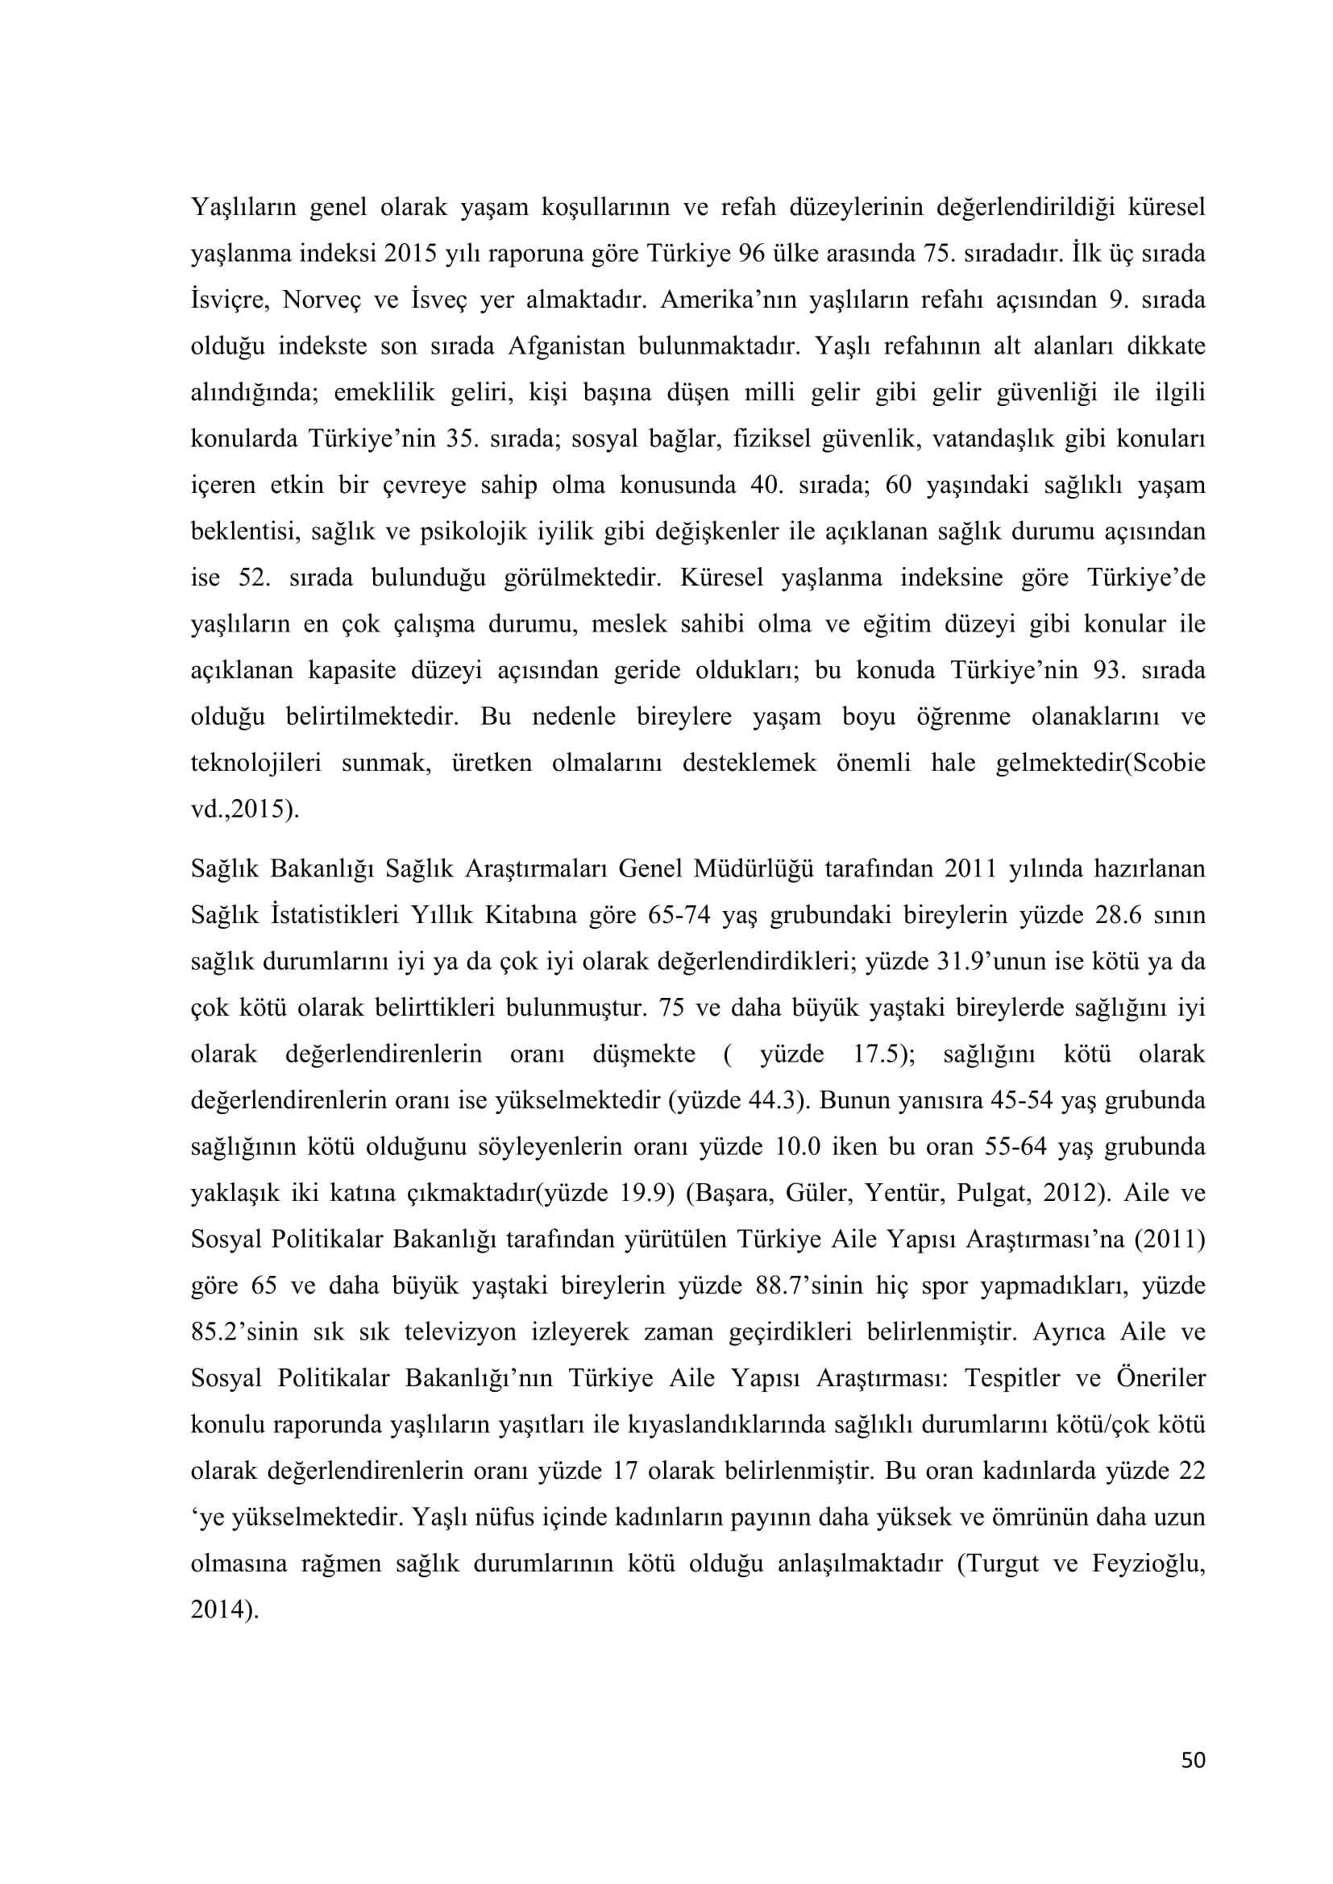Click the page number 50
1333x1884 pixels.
pyautogui.click(x=1193, y=1783)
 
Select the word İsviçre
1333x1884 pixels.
pyautogui.click(x=230, y=300)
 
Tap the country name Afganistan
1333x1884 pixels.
pyautogui.click(x=564, y=346)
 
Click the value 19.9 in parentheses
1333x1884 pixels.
pyautogui.click(x=641, y=1192)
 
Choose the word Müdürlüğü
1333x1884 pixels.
pyautogui.click(x=754, y=868)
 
